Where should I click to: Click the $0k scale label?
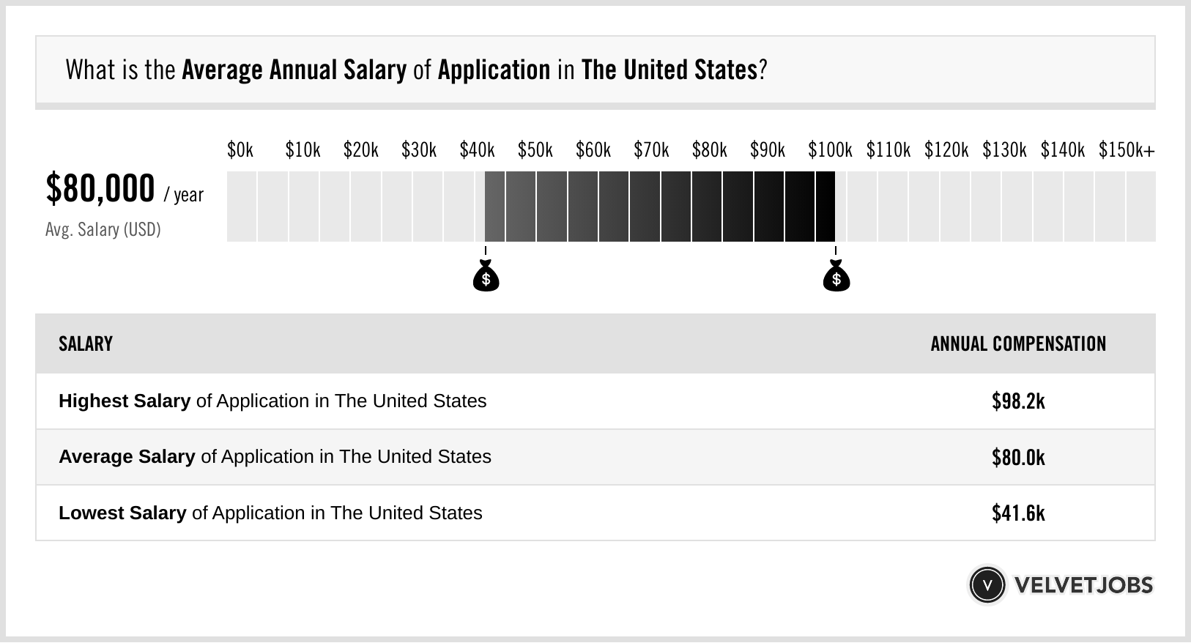[x=240, y=150]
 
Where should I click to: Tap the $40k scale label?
[x=477, y=150]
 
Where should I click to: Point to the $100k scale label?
[x=830, y=150]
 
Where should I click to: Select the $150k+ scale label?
[x=1127, y=150]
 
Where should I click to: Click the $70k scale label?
[x=651, y=150]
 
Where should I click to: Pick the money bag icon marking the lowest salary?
[x=486, y=277]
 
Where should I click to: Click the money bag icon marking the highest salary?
[x=836, y=277]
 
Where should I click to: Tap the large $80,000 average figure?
[x=100, y=188]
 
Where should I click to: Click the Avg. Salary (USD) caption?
[x=103, y=230]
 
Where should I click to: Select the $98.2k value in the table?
[x=1018, y=401]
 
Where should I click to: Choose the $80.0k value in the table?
[x=1018, y=458]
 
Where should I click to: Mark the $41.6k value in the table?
[x=1018, y=513]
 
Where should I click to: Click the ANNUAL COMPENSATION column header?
[x=1018, y=344]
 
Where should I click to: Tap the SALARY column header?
[x=86, y=344]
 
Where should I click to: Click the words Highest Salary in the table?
[x=125, y=401]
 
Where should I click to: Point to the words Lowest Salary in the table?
[x=122, y=513]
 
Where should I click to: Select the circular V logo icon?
[x=987, y=585]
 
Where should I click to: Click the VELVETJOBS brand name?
[x=1083, y=585]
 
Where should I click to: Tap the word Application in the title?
[x=494, y=70]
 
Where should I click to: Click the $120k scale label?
[x=946, y=150]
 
